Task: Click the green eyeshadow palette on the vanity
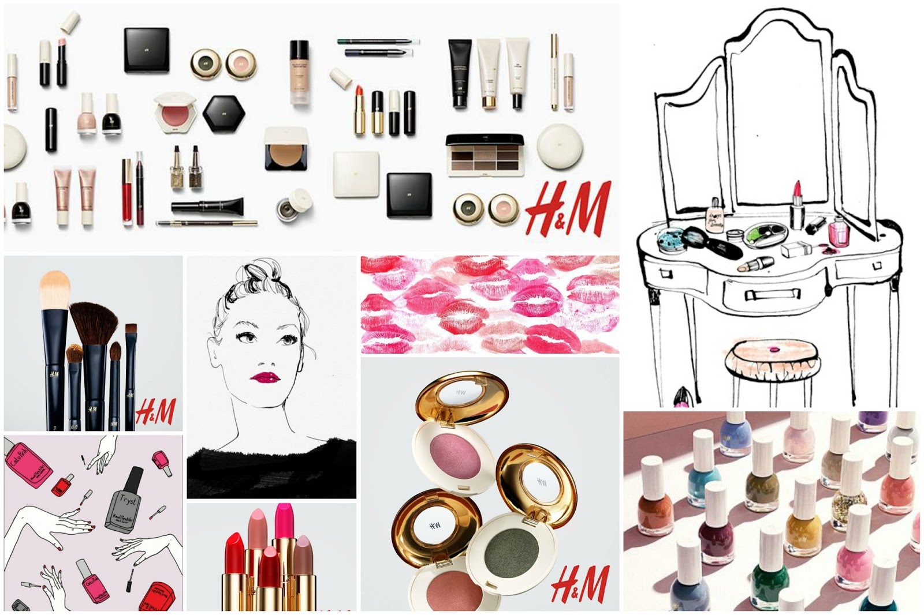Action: (766, 235)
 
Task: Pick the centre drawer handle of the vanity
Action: (765, 295)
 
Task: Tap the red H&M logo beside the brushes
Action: (155, 411)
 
